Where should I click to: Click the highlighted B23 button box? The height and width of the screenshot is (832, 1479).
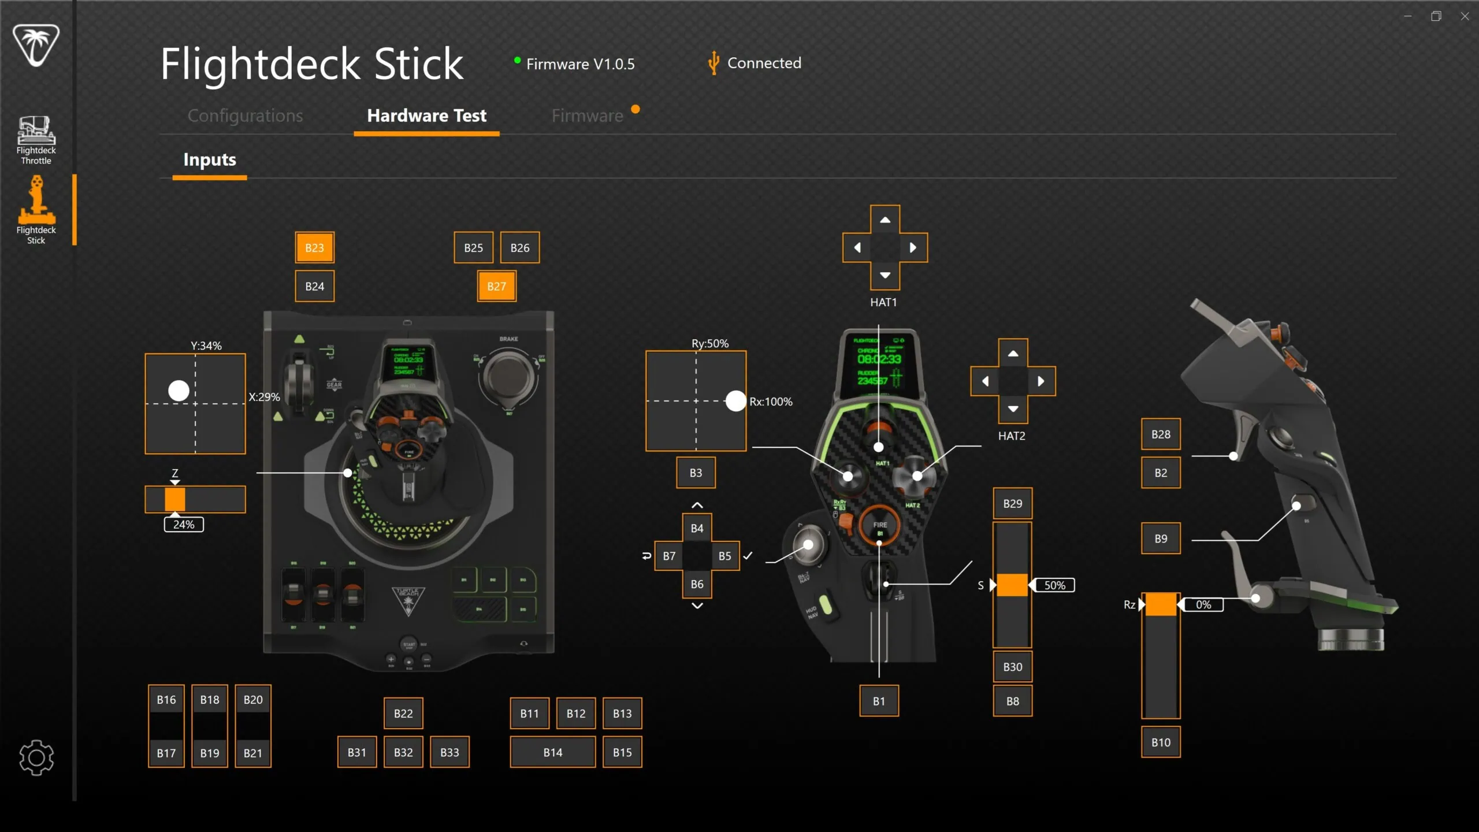314,247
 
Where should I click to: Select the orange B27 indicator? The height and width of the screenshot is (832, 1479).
496,286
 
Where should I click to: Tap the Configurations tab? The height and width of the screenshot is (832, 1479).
245,116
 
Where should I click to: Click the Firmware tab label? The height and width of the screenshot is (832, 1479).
587,116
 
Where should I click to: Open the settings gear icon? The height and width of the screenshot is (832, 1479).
36,757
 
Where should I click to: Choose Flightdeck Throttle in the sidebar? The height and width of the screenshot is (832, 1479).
36,140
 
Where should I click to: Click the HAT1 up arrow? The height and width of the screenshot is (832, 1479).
885,220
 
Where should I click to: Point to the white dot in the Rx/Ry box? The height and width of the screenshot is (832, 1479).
735,401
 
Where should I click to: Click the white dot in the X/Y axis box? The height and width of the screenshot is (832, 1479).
179,391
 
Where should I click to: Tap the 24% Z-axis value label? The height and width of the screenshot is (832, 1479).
184,525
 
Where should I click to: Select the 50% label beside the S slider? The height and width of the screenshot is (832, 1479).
1054,585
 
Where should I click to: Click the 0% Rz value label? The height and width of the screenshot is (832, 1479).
1203,605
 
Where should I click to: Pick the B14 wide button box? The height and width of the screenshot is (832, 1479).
552,752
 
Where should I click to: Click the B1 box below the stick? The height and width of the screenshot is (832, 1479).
879,701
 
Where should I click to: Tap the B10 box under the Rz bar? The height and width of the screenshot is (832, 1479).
1161,742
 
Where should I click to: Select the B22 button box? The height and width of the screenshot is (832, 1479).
403,714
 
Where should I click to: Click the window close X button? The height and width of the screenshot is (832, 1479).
1465,16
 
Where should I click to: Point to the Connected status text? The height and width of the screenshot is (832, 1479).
764,63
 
